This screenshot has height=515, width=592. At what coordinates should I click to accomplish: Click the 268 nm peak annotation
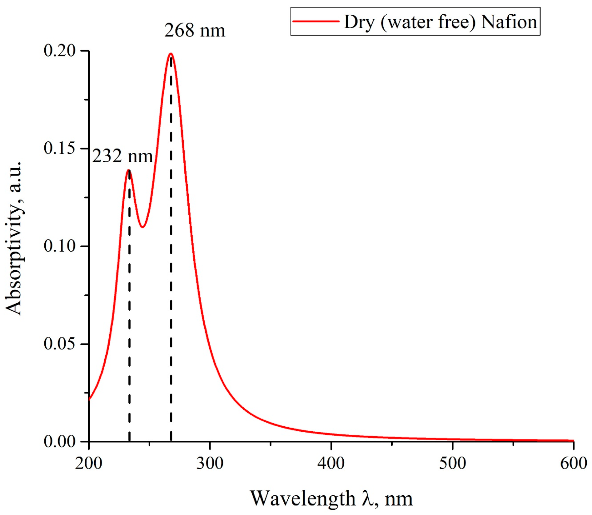tap(195, 31)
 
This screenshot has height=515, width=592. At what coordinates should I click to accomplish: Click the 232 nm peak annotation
tap(122, 156)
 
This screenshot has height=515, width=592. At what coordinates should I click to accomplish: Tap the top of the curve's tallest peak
tap(171, 54)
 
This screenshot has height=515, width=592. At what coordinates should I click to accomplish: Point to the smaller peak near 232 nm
tap(129, 170)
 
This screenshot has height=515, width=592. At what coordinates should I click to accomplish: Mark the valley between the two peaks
tap(142, 227)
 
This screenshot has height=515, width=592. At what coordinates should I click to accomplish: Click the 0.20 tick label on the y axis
tap(60, 51)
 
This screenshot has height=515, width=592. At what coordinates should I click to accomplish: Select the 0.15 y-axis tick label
tap(60, 148)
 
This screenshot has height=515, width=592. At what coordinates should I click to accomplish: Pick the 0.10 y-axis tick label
tap(60, 246)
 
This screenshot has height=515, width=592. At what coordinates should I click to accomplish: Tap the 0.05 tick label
tap(60, 344)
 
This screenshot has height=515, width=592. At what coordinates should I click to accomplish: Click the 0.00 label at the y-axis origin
tap(60, 441)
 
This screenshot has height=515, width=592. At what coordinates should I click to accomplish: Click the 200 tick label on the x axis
tap(89, 463)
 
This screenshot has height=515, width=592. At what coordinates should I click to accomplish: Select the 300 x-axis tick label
tap(210, 463)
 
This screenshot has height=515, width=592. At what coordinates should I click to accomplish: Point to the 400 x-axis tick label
tap(331, 463)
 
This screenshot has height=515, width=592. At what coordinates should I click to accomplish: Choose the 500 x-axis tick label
tap(452, 463)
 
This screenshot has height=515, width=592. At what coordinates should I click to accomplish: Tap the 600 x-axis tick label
tap(574, 463)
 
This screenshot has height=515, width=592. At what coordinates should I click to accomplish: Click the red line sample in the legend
tap(316, 21)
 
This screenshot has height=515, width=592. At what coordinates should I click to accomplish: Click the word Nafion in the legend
tap(509, 22)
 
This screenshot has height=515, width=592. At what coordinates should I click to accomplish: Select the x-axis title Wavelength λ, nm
tap(331, 498)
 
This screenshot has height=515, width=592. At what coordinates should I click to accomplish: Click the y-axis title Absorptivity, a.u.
tap(14, 239)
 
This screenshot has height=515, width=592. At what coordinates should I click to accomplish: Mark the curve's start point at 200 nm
tap(89, 399)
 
